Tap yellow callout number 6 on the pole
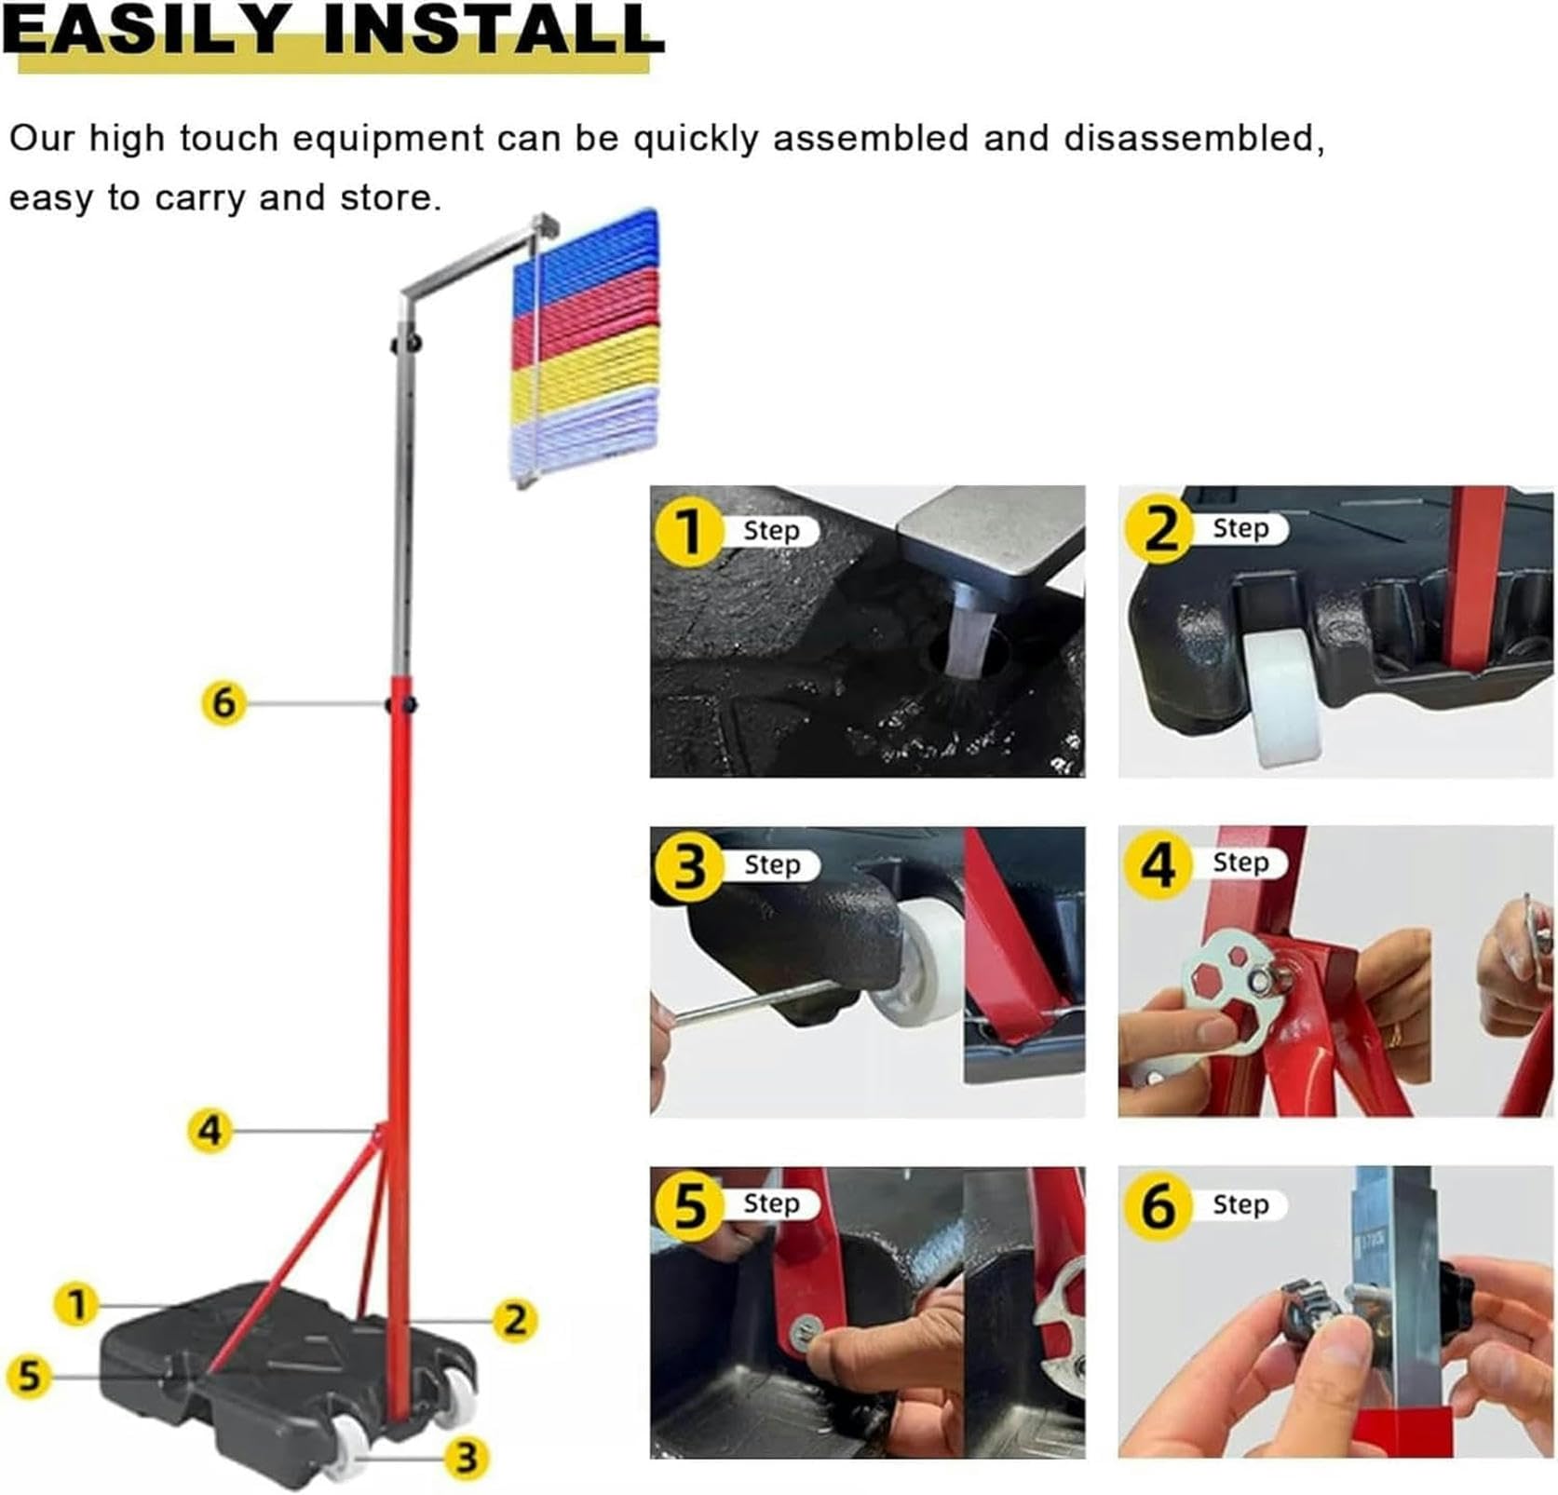point(224,703)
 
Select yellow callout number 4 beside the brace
point(210,1131)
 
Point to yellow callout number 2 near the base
point(515,1320)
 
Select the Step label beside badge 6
point(1240,1204)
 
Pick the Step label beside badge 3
point(772,864)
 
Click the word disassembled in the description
point(1194,139)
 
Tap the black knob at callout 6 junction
point(401,703)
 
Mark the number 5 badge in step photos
point(689,1205)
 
